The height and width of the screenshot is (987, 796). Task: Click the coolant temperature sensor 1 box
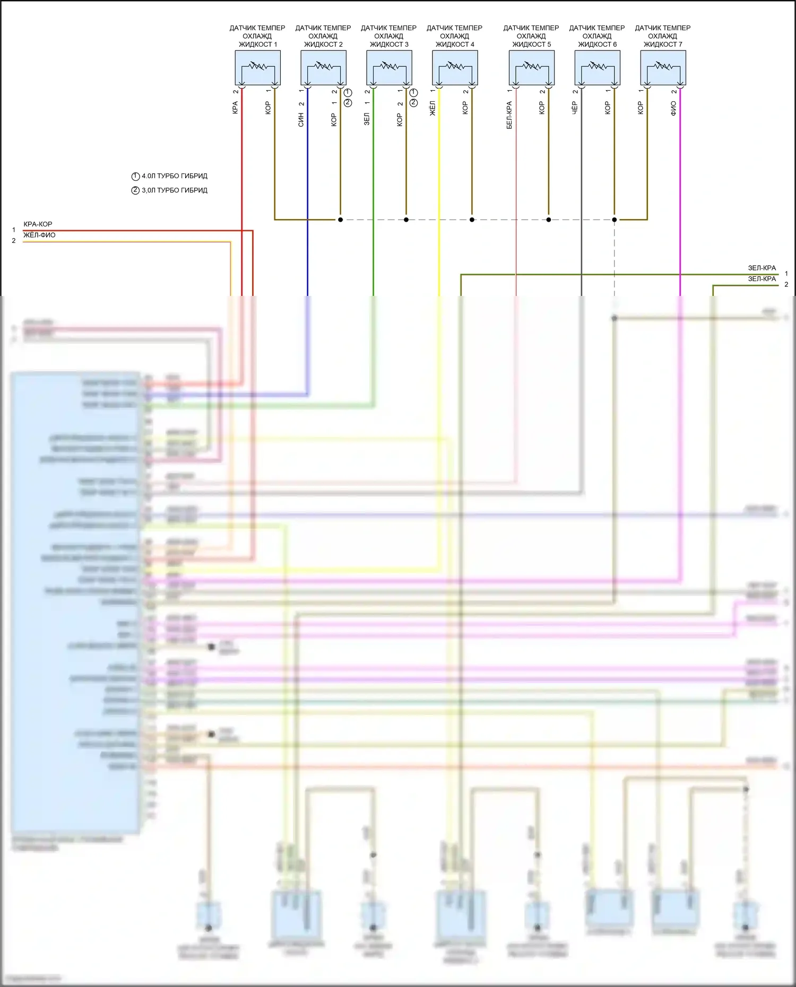(x=257, y=67)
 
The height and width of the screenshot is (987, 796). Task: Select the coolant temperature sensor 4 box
(x=455, y=67)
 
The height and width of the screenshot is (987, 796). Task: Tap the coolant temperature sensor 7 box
(x=663, y=67)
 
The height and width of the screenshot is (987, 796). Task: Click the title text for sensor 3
(x=388, y=36)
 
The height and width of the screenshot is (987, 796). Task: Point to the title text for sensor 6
(x=597, y=36)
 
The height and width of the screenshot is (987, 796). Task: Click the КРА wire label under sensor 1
(x=235, y=108)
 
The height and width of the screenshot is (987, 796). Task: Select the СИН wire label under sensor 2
(x=301, y=120)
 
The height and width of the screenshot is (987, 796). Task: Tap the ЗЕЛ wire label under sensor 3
(x=367, y=119)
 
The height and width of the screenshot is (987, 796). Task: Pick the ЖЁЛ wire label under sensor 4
(x=432, y=108)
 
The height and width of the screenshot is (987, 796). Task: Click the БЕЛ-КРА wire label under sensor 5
(x=509, y=115)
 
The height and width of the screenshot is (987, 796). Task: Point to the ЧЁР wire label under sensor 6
(x=575, y=108)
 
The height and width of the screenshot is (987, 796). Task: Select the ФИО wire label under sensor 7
(x=673, y=109)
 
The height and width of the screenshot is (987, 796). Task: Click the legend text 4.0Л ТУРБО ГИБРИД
(x=175, y=176)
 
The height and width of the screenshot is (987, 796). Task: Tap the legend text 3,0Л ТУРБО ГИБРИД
(x=175, y=190)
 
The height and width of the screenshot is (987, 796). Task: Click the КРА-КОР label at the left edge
(x=38, y=224)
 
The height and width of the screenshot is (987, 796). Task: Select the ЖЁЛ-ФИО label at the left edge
(x=39, y=235)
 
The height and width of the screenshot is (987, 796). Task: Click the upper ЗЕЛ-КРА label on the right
(x=762, y=268)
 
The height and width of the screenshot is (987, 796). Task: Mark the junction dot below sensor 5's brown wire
(x=549, y=220)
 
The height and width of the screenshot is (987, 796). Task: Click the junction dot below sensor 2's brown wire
(x=340, y=220)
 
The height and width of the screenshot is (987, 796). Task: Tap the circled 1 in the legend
(x=135, y=177)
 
